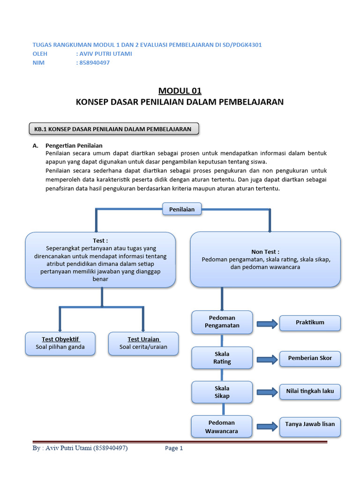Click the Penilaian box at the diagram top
coord(182,209)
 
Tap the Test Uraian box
coord(143,343)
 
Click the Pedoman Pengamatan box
coord(222,322)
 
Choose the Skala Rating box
coord(222,358)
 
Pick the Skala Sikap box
coord(222,392)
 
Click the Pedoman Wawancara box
coord(222,427)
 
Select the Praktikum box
coord(310,322)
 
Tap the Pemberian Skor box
coord(310,358)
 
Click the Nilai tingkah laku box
coord(310,391)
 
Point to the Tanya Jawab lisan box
coord(310,424)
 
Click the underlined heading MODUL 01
coord(180,90)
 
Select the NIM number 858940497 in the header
coord(94,63)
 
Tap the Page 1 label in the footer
coord(174,449)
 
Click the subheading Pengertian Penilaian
coord(74,146)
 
